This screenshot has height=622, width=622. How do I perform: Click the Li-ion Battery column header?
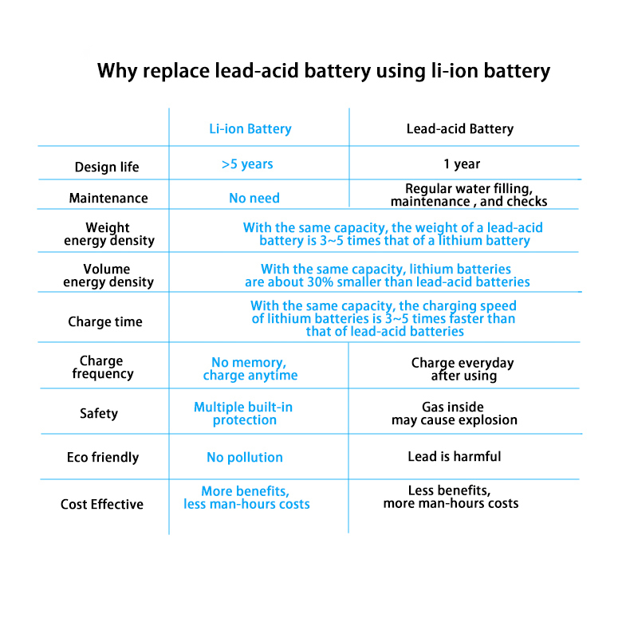250,129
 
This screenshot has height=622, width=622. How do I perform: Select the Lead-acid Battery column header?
460,129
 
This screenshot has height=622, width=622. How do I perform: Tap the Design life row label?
107,167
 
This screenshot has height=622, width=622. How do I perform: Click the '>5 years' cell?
247,163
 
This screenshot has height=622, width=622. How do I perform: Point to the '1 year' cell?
462,163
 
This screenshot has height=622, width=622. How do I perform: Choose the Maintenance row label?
108,198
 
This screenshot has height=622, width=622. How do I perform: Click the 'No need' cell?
254,198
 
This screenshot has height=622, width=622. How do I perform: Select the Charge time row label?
105,321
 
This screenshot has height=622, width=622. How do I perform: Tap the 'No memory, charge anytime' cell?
250,368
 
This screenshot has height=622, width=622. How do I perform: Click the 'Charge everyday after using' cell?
463,369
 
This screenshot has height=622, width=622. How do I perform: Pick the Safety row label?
99,413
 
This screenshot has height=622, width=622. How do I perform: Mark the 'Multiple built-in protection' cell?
243,413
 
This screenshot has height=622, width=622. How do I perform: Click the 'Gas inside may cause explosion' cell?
455,413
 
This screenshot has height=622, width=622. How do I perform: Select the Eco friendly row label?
103,458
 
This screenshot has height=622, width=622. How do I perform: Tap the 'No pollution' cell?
245,458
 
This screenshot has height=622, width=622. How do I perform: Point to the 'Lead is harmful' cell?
455,457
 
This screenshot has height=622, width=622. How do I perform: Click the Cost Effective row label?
102,504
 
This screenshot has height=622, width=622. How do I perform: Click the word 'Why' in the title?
116,72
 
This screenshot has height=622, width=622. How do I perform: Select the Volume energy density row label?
108,276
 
